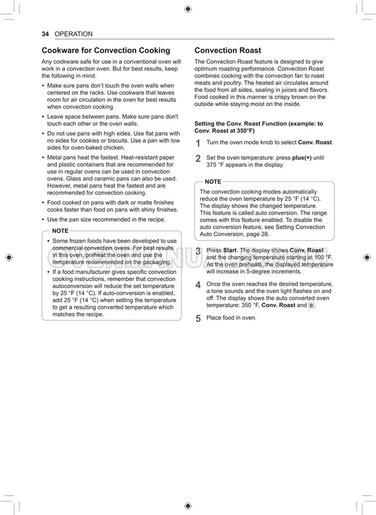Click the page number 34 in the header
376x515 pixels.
[45, 35]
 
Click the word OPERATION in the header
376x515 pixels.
[73, 35]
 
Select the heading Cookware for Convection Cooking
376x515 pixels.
[106, 51]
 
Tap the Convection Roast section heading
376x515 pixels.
[227, 51]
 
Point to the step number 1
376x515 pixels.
[198, 143]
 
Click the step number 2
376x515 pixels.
[198, 159]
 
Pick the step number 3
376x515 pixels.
[198, 251]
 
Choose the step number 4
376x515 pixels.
[198, 285]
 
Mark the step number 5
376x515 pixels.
[198, 318]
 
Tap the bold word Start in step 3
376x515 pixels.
[230, 250]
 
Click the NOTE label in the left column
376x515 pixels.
[61, 231]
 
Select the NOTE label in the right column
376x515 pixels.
[213, 182]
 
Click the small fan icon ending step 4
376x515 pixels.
[312, 306]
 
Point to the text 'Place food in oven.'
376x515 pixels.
[231, 318]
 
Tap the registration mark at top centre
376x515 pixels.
[187, 9]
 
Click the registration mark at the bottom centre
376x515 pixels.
[187, 505]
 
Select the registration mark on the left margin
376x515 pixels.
[8, 257]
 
